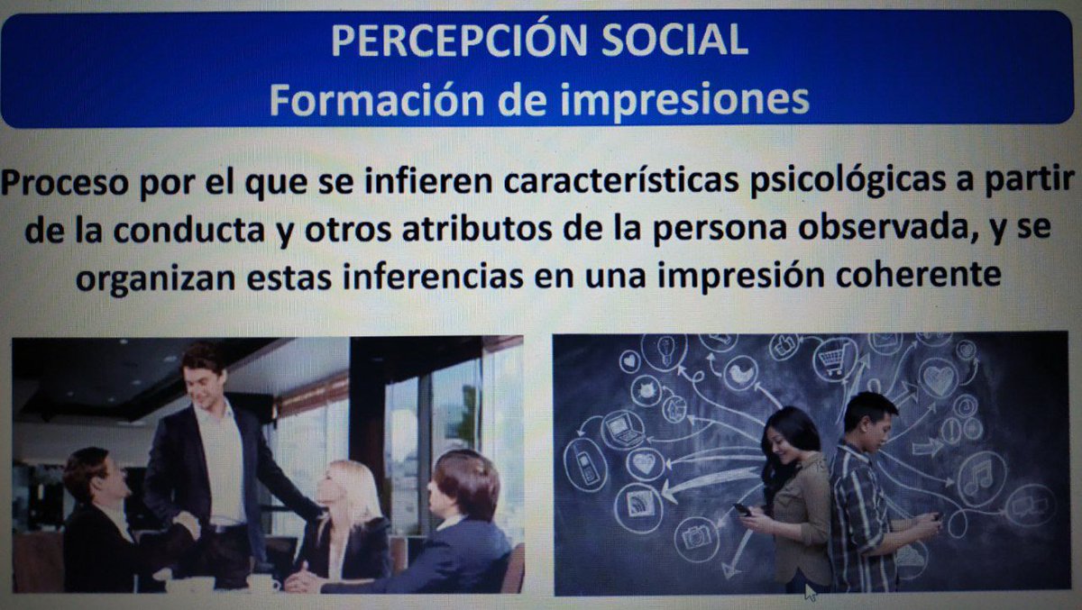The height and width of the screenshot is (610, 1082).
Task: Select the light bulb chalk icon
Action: coord(666,348)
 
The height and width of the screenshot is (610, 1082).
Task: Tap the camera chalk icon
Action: coord(696,539)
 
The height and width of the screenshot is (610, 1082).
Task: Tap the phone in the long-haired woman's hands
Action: coord(743,509)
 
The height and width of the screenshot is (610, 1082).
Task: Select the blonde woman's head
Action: coord(351,485)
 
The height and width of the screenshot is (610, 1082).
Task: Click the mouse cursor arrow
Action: coord(810,590)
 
